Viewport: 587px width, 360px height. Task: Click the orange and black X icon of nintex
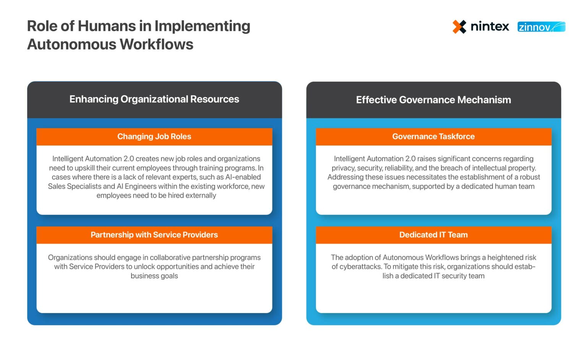459,27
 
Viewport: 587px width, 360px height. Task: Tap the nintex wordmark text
490,27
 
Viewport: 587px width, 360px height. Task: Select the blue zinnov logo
541,27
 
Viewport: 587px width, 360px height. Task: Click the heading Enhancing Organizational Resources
154,99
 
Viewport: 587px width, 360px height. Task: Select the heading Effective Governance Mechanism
433,100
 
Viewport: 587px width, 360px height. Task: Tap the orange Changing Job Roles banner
154,136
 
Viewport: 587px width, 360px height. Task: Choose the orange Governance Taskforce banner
433,136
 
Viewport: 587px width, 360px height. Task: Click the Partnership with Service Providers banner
154,235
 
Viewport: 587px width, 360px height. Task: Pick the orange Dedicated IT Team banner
433,235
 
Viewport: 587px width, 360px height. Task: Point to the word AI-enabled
243,177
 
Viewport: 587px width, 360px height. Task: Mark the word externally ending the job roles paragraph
201,196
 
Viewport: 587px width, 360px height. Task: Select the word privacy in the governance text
343,168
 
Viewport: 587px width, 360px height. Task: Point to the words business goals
154,276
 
